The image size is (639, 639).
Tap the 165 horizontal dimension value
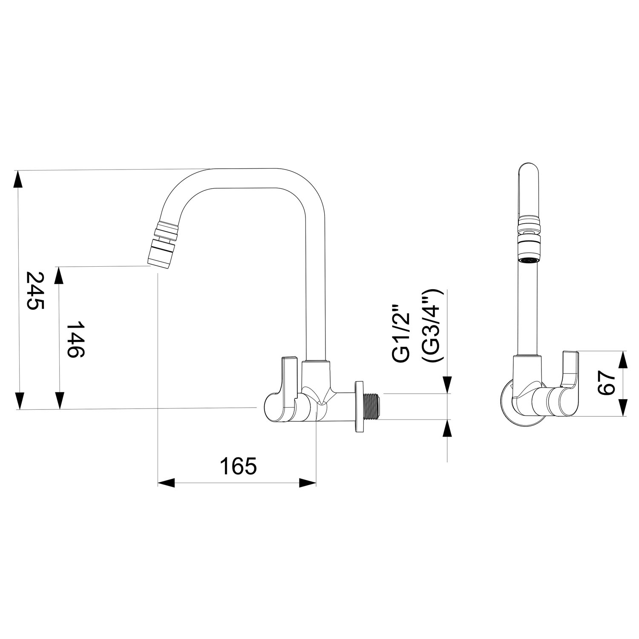[x=239, y=466]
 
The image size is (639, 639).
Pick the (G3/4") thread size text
[x=432, y=326]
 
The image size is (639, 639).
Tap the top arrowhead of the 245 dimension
[x=18, y=179]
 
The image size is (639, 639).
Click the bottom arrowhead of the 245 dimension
[x=18, y=401]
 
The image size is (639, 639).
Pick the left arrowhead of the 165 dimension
[x=167, y=483]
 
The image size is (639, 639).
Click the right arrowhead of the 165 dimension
[x=308, y=483]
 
